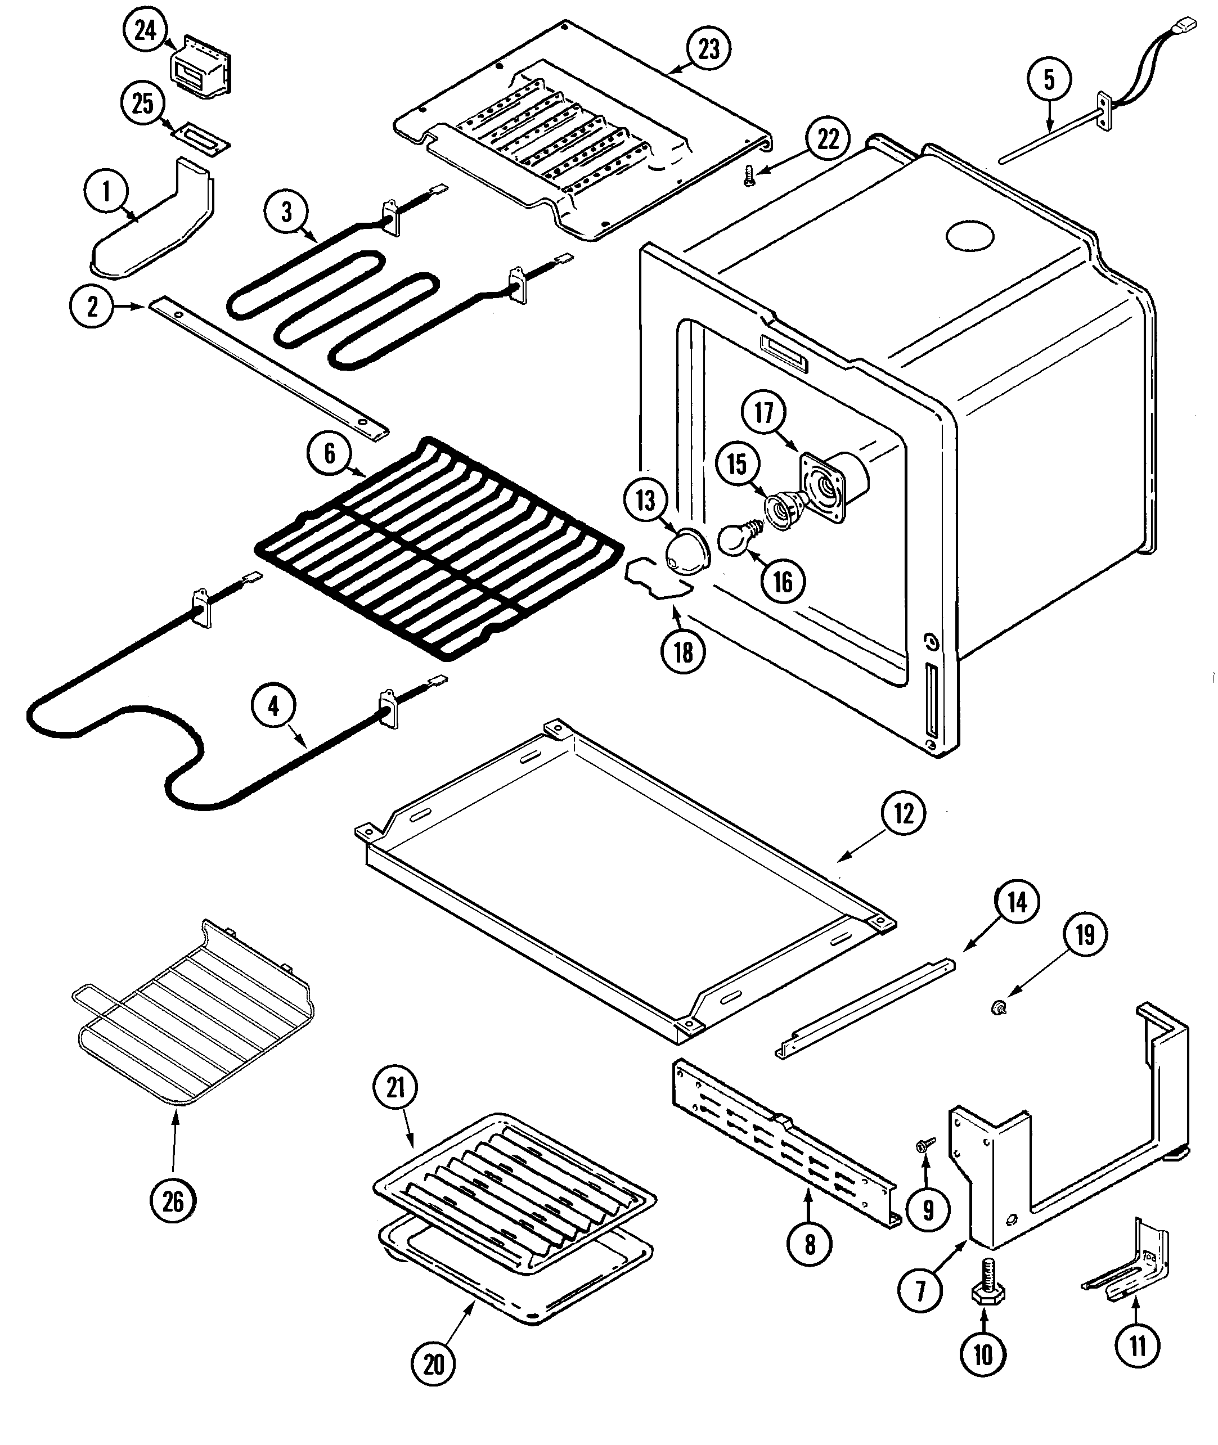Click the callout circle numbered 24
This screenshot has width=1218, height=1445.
(145, 30)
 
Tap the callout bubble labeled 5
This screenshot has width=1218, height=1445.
(1049, 79)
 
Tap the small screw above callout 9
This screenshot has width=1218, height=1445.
(923, 1145)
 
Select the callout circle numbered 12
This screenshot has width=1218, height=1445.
(903, 814)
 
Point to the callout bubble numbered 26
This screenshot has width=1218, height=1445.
(173, 1201)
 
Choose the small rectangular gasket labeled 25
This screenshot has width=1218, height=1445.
(201, 138)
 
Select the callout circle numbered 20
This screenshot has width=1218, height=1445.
(434, 1363)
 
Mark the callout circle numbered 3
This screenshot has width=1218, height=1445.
(286, 213)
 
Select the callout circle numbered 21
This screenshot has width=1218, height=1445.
(395, 1088)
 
